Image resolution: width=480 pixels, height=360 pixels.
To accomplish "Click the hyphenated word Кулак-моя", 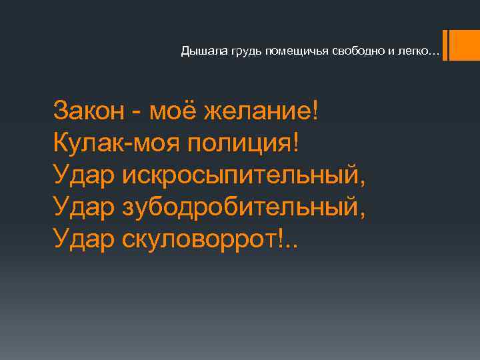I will click(121, 142).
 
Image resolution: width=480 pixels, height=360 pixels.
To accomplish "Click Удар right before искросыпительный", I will click(84, 175).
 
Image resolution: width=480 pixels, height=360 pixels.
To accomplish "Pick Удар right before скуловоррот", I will click(84, 240).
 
